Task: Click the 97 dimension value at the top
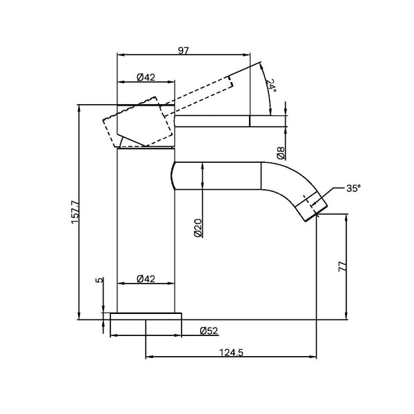184,50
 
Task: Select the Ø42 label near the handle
145,77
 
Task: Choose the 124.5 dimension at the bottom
232,352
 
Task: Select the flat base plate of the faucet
145,317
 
